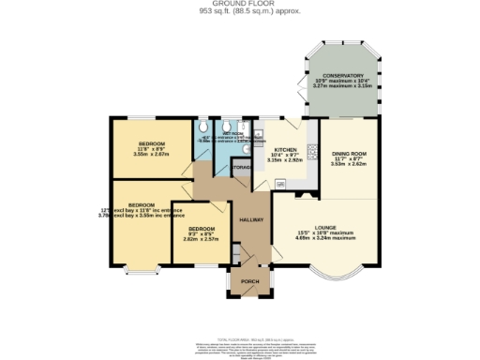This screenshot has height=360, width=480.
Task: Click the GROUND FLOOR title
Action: click(240, 4)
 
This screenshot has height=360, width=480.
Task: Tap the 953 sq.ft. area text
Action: click(240, 11)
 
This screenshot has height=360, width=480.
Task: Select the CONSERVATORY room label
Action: click(342, 76)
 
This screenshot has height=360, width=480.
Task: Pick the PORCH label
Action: click(249, 281)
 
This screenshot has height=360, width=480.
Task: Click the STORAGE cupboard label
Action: click(242, 168)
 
